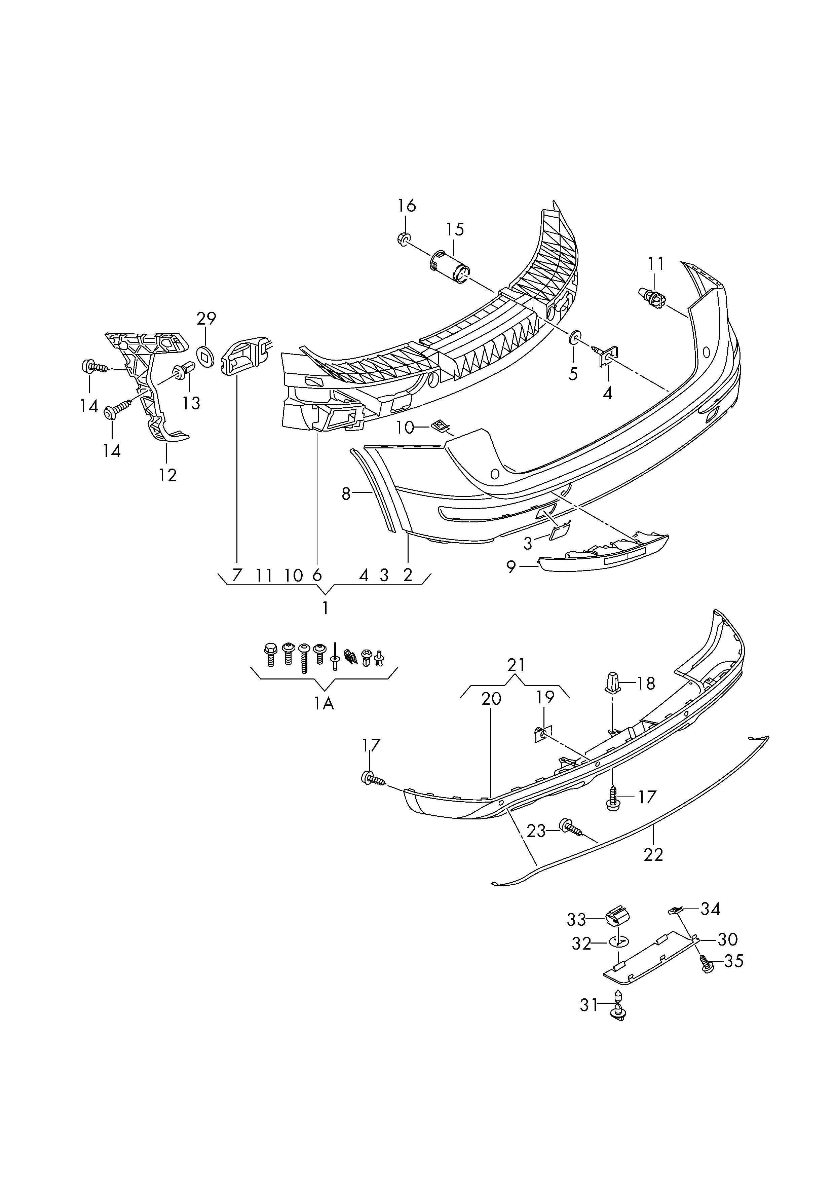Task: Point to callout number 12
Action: [167, 475]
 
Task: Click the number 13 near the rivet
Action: [191, 403]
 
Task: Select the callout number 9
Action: [511, 567]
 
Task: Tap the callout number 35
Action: [734, 960]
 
